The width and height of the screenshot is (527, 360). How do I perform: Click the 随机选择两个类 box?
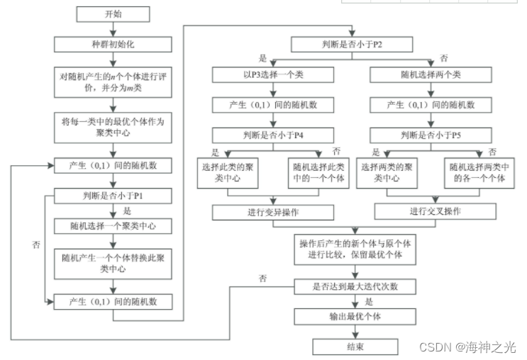coord(434,74)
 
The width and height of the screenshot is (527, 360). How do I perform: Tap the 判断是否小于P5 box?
coord(434,135)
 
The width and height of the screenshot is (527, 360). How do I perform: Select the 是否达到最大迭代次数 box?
coord(353,286)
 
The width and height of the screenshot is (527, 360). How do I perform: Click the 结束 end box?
coord(353,346)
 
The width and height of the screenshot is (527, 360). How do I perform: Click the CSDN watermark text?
coord(467,347)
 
